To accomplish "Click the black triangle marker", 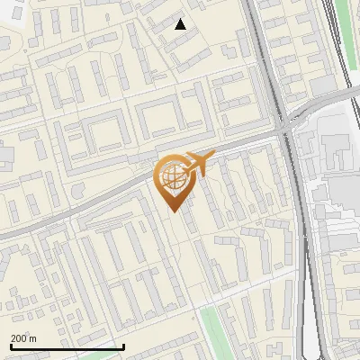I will click(181, 24).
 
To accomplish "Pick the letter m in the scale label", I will click(33, 338).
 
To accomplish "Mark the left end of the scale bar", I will click(11, 346).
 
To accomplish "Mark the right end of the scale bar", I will click(123, 346).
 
